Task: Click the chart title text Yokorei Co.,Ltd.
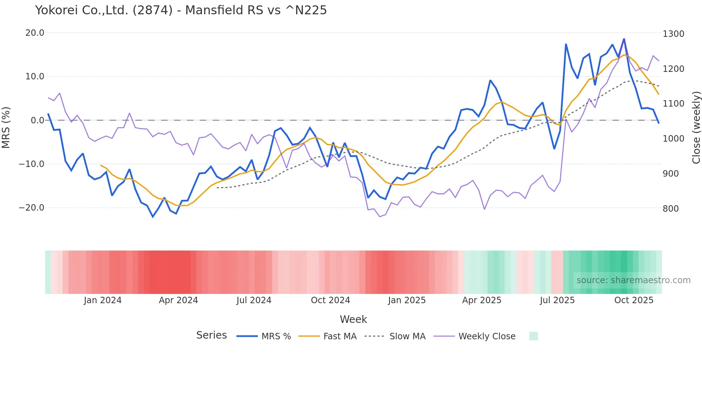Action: pos(181,10)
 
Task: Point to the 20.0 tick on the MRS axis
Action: pos(35,33)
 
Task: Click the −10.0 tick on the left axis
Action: pos(32,164)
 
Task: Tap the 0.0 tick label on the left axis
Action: pos(37,120)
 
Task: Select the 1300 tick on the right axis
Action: pos(673,34)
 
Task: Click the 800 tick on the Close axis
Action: pos(670,208)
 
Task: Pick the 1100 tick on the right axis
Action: pos(673,104)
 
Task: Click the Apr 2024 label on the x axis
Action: pos(178,300)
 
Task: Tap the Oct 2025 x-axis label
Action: pos(634,300)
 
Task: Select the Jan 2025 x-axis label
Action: pos(407,300)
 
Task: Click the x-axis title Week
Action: pos(353,319)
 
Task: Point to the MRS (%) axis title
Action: pos(6,128)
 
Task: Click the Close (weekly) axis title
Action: pos(696,128)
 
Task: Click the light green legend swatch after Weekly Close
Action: pos(533,336)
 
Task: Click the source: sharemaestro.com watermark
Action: pos(633,280)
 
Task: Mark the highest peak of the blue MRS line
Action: pos(624,39)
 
